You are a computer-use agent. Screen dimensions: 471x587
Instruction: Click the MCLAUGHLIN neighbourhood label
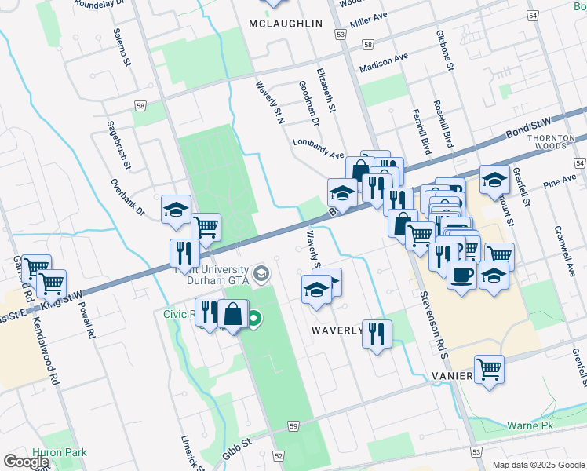[285, 24]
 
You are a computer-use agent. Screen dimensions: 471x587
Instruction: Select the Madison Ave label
[384, 62]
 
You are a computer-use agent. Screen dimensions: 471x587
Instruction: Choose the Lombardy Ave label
[319, 148]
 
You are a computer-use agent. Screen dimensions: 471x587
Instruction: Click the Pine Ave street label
[560, 183]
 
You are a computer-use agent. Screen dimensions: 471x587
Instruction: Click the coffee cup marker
[461, 275]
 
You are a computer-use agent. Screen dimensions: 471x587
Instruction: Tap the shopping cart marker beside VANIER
[489, 367]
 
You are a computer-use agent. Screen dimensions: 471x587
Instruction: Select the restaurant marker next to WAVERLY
[377, 333]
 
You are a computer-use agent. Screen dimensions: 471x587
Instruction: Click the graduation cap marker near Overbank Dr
[177, 210]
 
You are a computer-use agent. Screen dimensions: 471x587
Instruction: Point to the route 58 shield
[140, 106]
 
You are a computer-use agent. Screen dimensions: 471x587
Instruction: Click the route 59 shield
[293, 425]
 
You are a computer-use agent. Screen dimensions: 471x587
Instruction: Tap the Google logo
[27, 462]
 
